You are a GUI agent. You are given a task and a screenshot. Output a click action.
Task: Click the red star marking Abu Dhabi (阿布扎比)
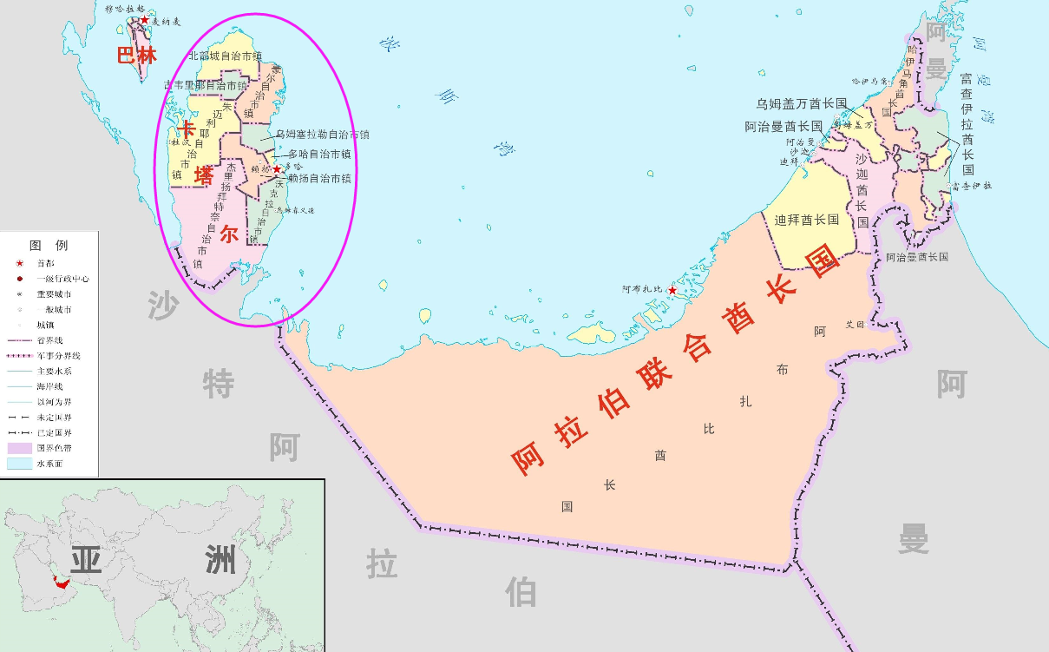click(x=672, y=290)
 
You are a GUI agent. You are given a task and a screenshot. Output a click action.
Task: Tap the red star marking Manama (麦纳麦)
click(x=144, y=20)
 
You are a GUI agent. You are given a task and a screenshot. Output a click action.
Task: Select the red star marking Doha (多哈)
click(x=277, y=169)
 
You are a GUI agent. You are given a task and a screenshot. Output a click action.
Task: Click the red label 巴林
click(x=137, y=56)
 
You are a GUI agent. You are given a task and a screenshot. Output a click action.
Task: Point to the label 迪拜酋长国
click(x=806, y=221)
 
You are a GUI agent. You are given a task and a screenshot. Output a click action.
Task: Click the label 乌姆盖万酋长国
click(x=801, y=103)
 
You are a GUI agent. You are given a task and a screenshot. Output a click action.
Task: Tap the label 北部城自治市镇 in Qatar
click(x=226, y=56)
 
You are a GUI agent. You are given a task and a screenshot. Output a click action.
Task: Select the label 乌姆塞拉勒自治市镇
click(x=323, y=135)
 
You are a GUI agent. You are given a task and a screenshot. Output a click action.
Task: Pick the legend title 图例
click(x=49, y=246)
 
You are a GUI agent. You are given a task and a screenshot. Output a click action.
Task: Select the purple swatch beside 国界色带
click(x=19, y=448)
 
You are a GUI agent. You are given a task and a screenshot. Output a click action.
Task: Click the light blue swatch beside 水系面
click(x=19, y=464)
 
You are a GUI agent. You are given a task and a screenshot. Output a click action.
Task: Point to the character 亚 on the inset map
click(x=86, y=560)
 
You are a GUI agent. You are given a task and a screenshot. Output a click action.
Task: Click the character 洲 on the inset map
click(x=220, y=560)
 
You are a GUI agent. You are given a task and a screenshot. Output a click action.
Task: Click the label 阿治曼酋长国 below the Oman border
click(x=916, y=257)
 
